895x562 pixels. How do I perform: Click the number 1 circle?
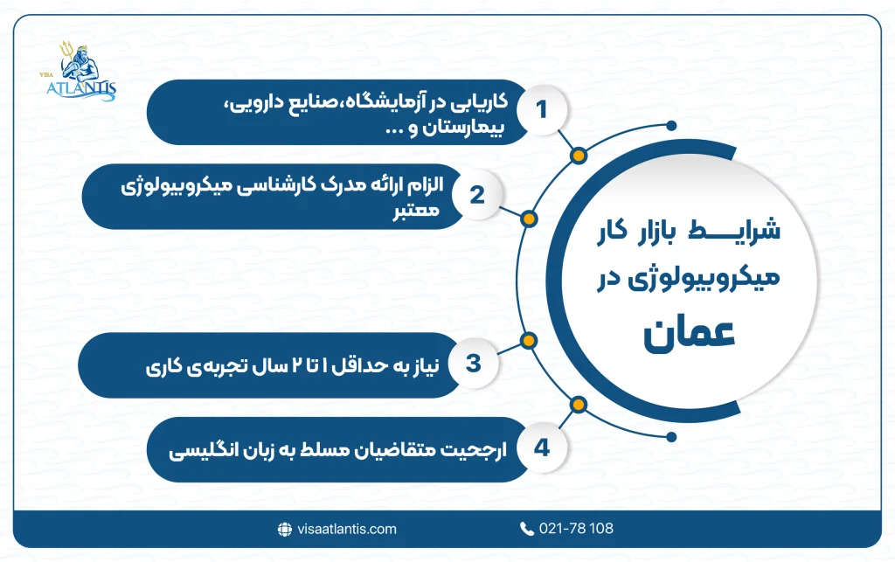point(542,110)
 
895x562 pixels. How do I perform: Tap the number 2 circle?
point(476,195)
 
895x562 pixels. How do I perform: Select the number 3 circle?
point(473,363)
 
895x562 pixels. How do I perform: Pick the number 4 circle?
point(542,448)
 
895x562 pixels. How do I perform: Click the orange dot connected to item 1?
point(577,157)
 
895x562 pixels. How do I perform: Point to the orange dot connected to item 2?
point(528,218)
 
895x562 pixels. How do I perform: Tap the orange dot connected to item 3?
point(528,340)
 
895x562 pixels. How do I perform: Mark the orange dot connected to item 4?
point(577,404)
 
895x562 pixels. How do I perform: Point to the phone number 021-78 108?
point(578,529)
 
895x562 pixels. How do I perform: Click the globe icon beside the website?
point(284,529)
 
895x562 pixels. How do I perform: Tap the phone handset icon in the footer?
point(526,529)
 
